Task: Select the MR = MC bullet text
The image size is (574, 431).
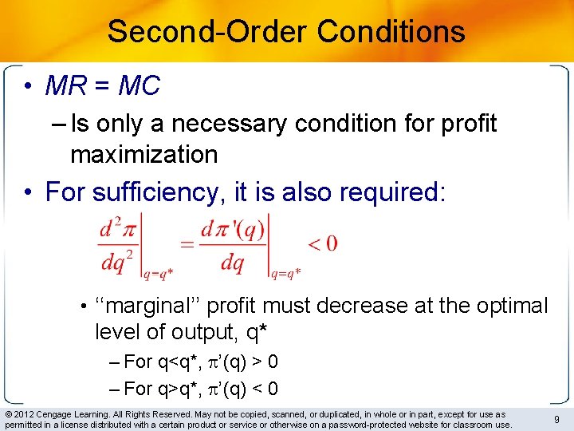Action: tap(103, 86)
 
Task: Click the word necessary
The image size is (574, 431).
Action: tap(226, 124)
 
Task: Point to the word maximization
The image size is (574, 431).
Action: tap(143, 154)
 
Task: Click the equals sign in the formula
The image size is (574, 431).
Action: tap(187, 246)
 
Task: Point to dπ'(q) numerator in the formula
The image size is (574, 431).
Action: tap(232, 229)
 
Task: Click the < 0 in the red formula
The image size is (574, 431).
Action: tap(322, 243)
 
